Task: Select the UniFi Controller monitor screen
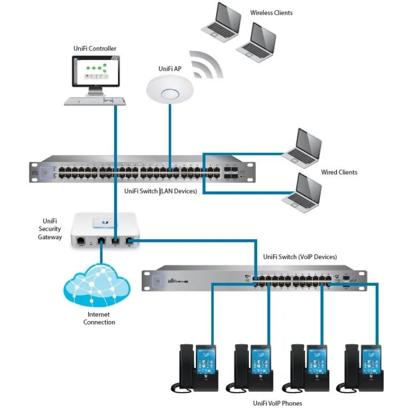(95, 72)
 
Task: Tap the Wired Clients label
(339, 172)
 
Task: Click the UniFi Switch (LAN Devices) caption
(161, 191)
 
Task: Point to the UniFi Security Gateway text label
(50, 229)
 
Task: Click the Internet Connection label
(99, 318)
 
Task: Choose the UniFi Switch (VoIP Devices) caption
(300, 257)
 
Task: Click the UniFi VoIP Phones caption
(278, 403)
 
